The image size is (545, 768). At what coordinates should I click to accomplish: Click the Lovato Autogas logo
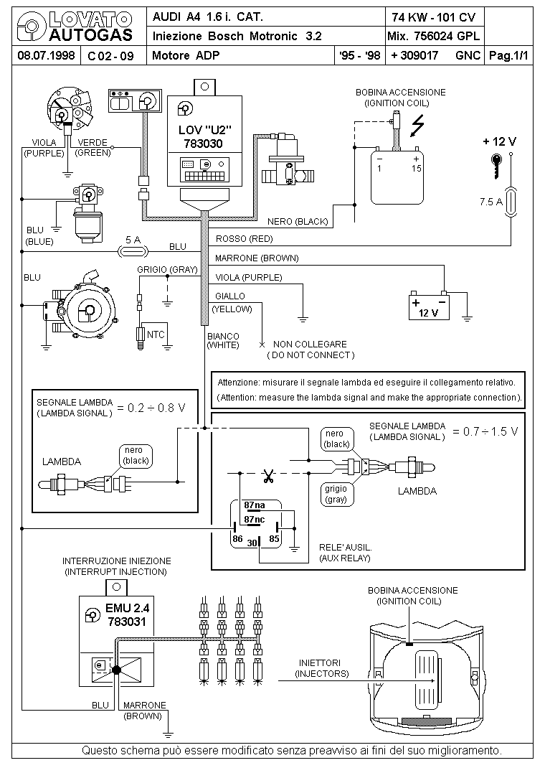tap(75, 27)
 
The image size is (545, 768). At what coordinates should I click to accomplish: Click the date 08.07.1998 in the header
tap(46, 55)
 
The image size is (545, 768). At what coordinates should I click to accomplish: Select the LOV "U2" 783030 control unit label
tap(204, 136)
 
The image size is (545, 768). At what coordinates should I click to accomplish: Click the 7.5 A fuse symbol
tap(511, 202)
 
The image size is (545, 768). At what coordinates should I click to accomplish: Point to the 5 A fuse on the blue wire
tap(133, 252)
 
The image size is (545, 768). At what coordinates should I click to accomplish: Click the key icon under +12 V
tap(496, 165)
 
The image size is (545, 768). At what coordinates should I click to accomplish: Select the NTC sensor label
tap(156, 334)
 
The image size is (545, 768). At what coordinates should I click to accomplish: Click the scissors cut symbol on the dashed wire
tap(268, 476)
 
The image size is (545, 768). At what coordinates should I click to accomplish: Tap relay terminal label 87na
tap(255, 505)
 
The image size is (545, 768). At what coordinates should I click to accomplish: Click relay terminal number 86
tap(237, 539)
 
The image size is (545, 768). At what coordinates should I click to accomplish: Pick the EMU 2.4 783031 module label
tap(127, 614)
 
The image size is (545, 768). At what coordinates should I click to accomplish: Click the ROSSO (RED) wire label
tap(244, 238)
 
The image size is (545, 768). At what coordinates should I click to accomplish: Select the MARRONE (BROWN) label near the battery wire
tap(257, 258)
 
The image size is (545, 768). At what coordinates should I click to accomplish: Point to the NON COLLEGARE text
tap(310, 345)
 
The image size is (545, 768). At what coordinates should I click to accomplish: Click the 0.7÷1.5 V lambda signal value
tap(484, 431)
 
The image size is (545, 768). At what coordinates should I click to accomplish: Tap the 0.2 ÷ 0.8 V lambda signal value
tap(151, 408)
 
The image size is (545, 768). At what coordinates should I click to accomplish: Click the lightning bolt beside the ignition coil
tap(417, 125)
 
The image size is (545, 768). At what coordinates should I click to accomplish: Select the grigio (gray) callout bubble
tap(336, 494)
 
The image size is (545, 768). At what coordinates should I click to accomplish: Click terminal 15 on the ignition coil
tap(416, 169)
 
